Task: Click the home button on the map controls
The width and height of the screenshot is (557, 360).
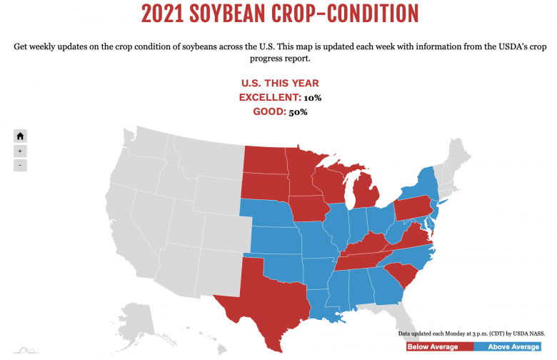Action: point(21,136)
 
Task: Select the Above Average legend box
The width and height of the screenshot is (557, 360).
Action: point(513,346)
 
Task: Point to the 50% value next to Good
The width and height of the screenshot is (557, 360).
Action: point(298,112)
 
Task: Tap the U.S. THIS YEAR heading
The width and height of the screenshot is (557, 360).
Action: point(280,84)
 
